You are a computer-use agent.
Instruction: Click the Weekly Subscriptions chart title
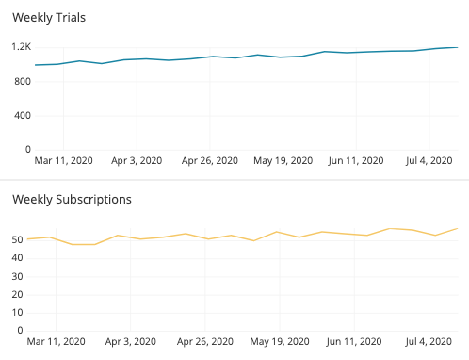(71, 199)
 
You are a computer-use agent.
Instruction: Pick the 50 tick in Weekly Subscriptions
(17, 240)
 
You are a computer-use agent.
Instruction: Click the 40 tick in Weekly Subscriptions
(17, 258)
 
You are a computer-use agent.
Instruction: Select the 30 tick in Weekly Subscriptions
(17, 276)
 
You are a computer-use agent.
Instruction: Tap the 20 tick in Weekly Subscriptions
(17, 294)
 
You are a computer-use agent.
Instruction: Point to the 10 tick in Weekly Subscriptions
(17, 312)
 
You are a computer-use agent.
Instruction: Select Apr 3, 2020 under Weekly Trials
(137, 162)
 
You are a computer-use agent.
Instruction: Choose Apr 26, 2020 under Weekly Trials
(210, 162)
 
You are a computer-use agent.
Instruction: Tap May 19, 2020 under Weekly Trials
(283, 162)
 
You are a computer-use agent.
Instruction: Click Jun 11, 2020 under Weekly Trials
(356, 162)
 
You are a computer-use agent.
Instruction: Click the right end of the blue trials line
(457, 47)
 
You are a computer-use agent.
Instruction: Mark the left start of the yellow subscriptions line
(28, 238)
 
